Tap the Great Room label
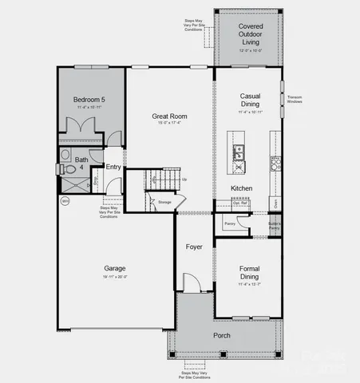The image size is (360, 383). point(168,116)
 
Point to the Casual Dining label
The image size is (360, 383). point(250,100)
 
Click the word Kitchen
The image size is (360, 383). point(242,188)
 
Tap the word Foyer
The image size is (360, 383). point(194,247)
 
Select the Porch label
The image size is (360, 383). point(222,335)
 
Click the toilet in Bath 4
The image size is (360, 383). point(62,169)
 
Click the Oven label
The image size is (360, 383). point(276,204)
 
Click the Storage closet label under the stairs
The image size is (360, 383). point(164,203)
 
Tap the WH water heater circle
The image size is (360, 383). point(65,201)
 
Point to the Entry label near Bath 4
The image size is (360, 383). point(113,167)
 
